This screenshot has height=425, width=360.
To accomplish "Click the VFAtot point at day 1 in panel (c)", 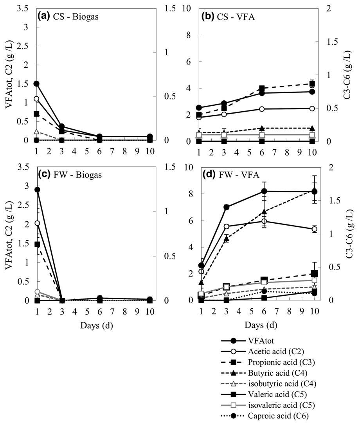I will point(37,190).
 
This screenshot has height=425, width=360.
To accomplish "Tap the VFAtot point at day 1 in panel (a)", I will point(36,84).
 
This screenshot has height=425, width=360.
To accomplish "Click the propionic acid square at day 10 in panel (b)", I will point(312,83).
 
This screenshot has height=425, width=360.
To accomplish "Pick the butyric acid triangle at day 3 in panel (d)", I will point(226,238).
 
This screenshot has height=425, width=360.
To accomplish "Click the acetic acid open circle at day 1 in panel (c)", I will point(37,223).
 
